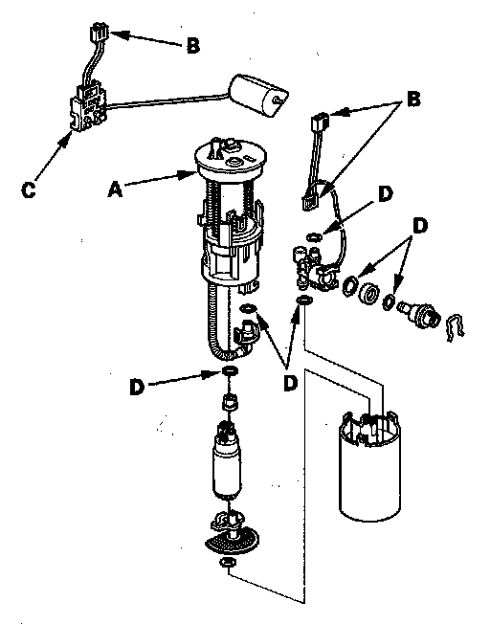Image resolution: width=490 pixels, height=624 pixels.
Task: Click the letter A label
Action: (115, 189)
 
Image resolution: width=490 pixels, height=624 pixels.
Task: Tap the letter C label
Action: (29, 190)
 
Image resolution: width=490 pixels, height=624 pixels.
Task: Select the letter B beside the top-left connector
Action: (193, 46)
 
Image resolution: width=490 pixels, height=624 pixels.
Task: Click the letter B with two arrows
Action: (413, 100)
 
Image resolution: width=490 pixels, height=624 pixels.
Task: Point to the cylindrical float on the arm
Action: (258, 96)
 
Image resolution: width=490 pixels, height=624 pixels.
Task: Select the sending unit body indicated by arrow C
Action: (89, 109)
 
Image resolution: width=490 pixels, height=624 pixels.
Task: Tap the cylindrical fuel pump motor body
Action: (227, 463)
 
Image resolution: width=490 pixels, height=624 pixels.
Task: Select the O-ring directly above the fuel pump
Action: (230, 371)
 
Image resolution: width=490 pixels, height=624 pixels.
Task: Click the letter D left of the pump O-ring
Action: (137, 387)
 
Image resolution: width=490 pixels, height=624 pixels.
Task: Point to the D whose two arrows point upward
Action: (291, 383)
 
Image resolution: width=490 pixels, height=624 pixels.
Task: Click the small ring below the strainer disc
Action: (227, 563)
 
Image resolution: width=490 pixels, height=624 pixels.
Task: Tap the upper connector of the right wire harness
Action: (321, 121)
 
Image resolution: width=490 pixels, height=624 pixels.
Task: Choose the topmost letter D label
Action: (385, 194)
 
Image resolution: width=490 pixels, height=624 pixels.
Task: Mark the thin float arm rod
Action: (167, 100)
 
